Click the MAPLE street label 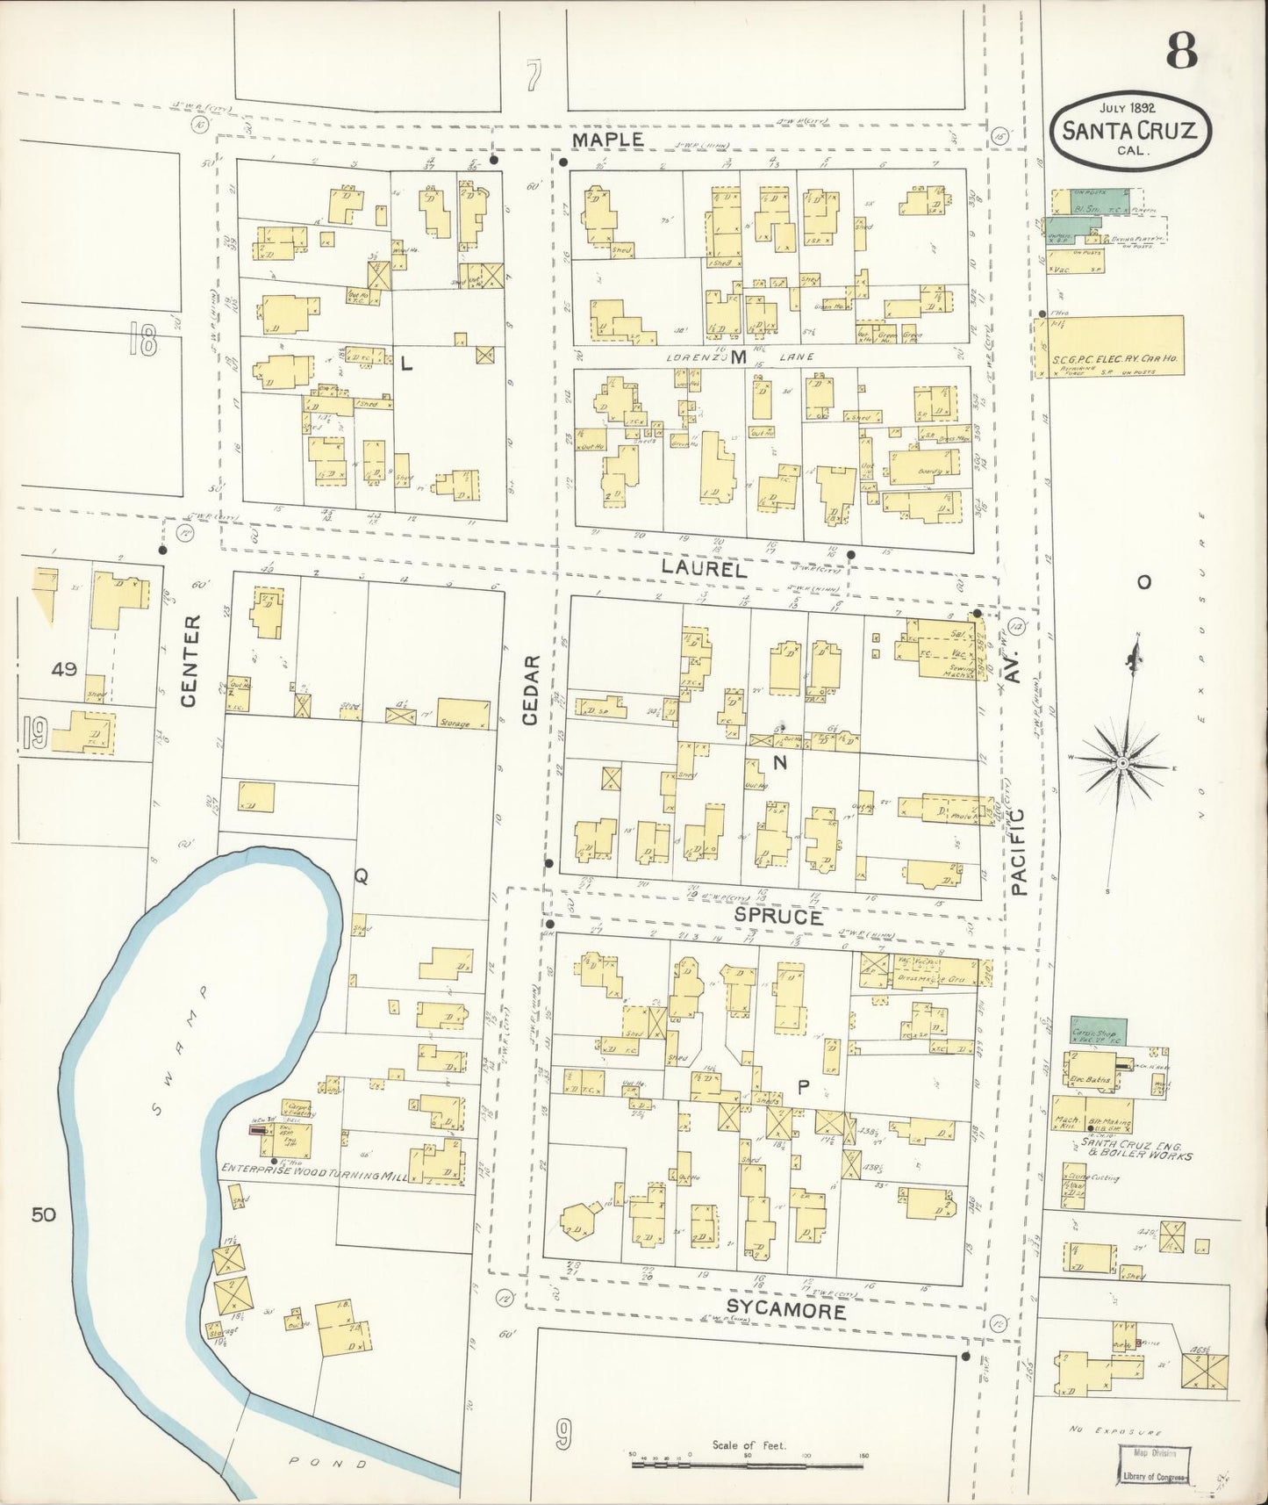pyautogui.click(x=608, y=140)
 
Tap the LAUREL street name pyautogui.click(x=704, y=569)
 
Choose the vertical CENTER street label pyautogui.click(x=190, y=660)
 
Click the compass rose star pyautogui.click(x=1121, y=764)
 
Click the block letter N pyautogui.click(x=779, y=764)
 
